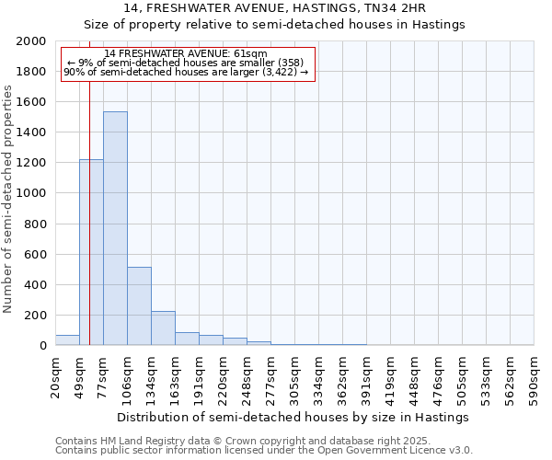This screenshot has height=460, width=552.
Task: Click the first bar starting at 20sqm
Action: point(67,339)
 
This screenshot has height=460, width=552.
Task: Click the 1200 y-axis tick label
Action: point(31,163)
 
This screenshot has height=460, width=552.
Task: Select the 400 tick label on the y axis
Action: point(35,285)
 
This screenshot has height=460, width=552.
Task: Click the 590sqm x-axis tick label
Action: point(535,377)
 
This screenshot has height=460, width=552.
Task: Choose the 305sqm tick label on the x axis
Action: point(295,377)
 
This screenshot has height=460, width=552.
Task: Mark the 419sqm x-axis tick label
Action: point(391,377)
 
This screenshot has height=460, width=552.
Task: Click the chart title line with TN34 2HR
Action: point(275,8)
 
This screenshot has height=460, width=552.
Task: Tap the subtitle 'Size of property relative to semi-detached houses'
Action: point(275,25)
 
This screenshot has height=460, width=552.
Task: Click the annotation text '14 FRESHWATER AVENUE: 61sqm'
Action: point(186,54)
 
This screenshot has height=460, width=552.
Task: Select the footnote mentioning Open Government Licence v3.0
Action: point(264,450)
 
